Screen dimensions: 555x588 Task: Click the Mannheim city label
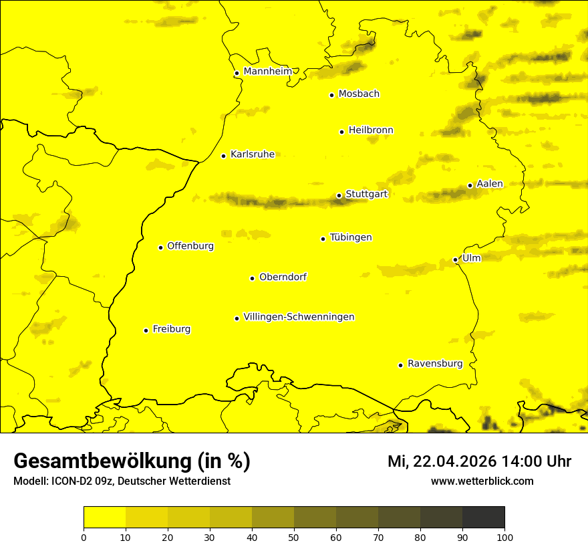point(267,72)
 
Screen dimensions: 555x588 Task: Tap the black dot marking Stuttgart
point(339,195)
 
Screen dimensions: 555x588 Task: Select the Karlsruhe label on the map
point(252,154)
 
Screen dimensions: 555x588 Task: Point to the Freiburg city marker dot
point(146,330)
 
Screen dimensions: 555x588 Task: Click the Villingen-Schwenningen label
point(299,317)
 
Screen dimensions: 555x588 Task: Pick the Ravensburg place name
point(434,364)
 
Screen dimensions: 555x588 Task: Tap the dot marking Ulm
point(455,259)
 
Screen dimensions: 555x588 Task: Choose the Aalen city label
point(489,184)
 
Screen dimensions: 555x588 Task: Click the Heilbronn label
point(371,130)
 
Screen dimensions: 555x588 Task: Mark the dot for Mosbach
point(331,95)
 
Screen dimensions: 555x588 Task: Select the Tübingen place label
point(351,237)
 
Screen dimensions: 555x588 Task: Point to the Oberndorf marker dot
point(252,278)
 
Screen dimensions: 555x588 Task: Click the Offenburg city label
point(190,246)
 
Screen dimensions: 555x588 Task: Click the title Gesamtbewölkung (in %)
point(132,461)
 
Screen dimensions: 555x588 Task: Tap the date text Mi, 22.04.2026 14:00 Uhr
point(479,461)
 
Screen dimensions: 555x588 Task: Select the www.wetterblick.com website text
point(482,481)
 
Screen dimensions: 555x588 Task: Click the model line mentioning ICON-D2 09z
point(122,481)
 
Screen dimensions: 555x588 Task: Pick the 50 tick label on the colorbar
point(294,537)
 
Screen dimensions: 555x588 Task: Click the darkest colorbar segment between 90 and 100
point(483,518)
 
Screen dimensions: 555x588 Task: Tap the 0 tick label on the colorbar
point(84,537)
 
